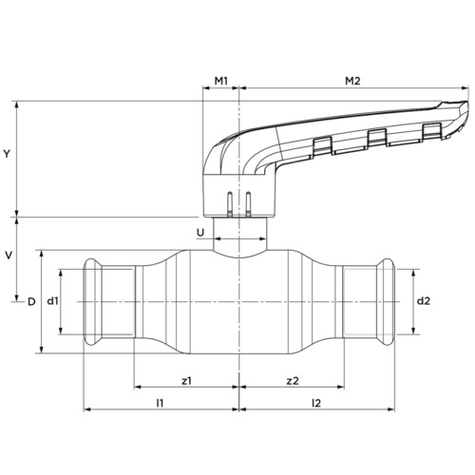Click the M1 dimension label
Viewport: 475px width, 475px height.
(x=221, y=81)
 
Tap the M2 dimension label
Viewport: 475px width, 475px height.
(x=352, y=81)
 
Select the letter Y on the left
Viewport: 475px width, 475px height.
(x=7, y=154)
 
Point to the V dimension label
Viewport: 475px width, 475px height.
(x=9, y=256)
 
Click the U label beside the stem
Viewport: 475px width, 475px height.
(x=200, y=233)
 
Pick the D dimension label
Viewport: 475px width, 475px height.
(x=31, y=302)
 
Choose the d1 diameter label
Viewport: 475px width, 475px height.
(x=52, y=301)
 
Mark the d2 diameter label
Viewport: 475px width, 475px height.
(x=424, y=301)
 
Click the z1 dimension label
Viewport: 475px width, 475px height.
(x=186, y=381)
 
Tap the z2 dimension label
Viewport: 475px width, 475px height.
(x=293, y=381)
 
